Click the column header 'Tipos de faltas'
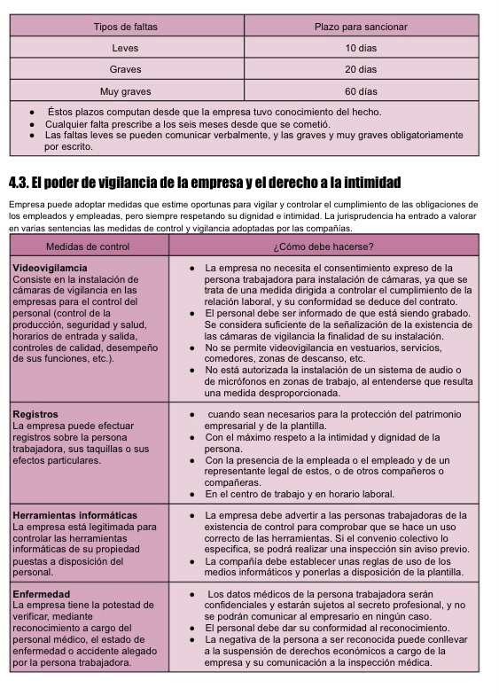(x=126, y=27)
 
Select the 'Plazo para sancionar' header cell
(x=361, y=27)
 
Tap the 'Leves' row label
(x=126, y=48)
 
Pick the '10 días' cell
(x=361, y=48)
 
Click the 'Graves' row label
(x=126, y=69)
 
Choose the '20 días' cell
(x=361, y=69)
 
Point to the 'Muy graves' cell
(x=126, y=91)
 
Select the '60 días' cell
(x=361, y=91)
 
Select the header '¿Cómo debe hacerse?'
(x=324, y=246)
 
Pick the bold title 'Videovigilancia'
(x=50, y=267)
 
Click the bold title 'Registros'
(x=35, y=414)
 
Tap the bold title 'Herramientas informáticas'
(x=75, y=515)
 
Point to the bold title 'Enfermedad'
(x=41, y=593)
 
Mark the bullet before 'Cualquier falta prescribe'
(x=32, y=124)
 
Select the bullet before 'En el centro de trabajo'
(x=193, y=495)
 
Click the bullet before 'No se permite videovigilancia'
(x=193, y=348)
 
